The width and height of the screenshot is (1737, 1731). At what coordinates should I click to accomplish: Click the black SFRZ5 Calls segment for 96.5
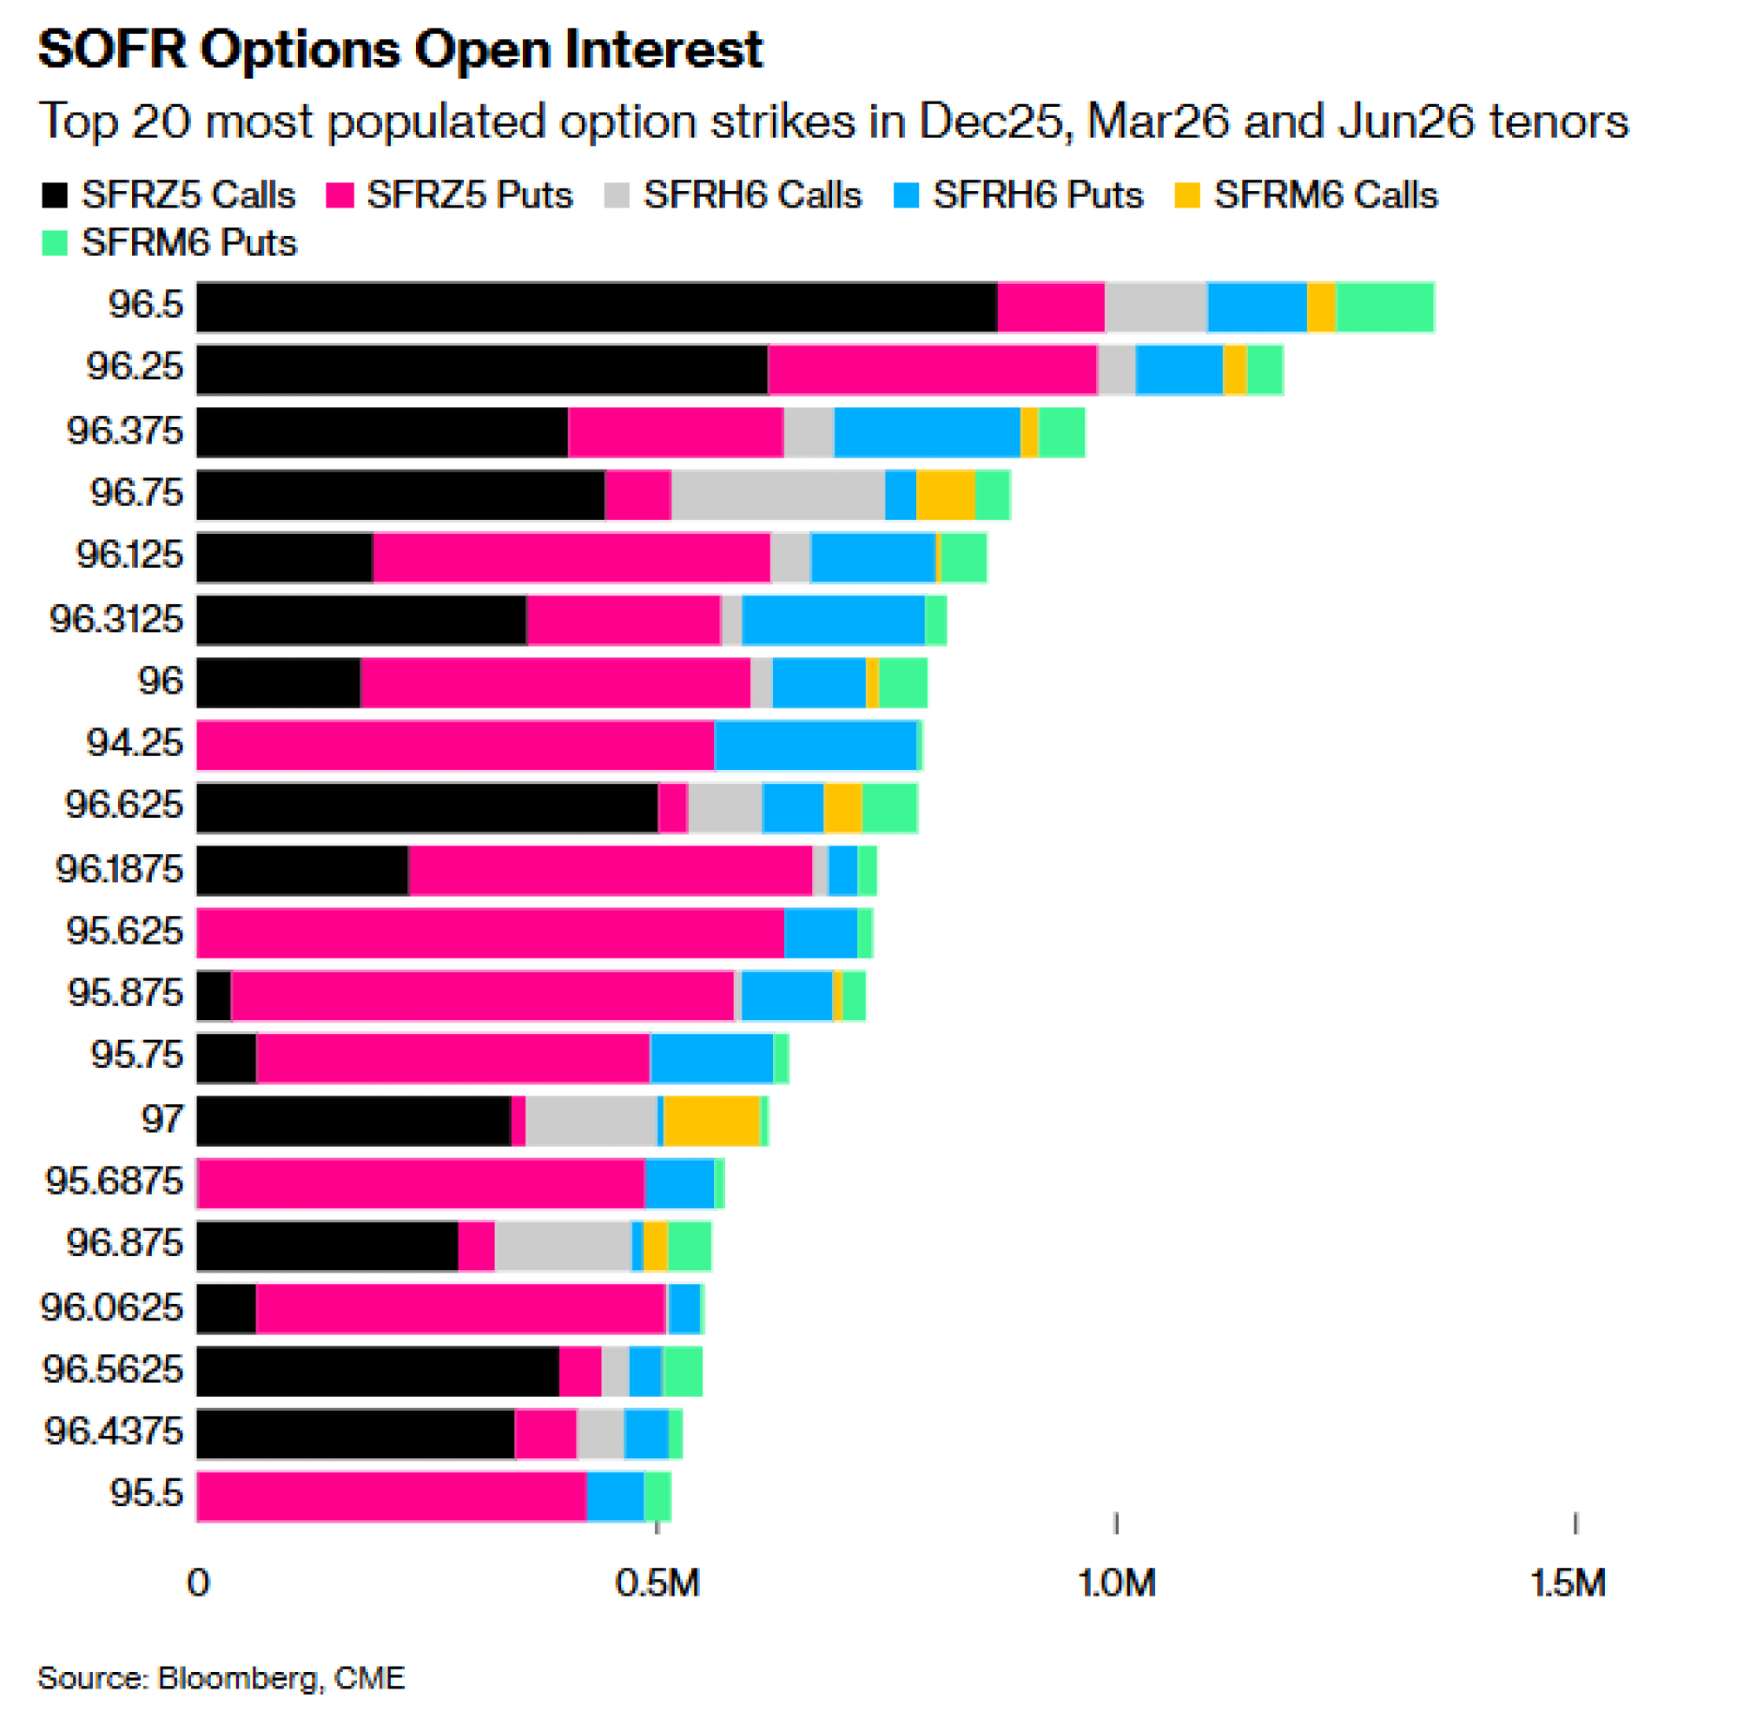pos(596,307)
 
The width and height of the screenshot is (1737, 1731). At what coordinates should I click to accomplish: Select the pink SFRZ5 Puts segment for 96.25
pos(932,370)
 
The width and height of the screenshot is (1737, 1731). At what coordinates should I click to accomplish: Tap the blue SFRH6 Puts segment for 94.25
pos(815,745)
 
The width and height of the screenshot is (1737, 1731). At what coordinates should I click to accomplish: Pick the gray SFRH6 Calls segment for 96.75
pos(777,494)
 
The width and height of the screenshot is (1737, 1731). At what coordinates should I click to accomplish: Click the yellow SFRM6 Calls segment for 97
pos(711,1121)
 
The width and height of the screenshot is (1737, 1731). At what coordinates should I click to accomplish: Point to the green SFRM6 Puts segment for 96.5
pos(1384,307)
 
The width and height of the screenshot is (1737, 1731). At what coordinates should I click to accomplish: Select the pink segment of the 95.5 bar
pos(391,1496)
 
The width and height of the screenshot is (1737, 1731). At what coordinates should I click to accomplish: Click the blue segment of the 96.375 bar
pos(926,432)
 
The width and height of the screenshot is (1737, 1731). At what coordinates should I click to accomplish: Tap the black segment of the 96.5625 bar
pos(378,1371)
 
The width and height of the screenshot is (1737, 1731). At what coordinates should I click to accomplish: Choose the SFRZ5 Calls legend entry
pos(168,195)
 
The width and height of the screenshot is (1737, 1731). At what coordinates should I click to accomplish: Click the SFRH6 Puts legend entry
pos(1018,195)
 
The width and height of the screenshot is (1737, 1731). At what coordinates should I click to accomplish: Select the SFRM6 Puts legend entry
pos(168,243)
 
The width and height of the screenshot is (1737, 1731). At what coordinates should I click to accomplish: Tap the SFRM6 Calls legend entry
pos(1305,195)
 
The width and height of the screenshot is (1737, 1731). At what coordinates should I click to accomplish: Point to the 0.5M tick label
pos(657,1583)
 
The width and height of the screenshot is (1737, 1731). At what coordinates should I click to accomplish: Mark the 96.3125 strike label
pos(116,619)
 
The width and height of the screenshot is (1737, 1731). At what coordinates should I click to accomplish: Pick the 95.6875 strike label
pos(114,1181)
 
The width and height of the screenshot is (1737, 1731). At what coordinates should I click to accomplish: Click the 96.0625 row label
pos(112,1307)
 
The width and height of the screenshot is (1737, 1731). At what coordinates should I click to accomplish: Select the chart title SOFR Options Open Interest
pos(400,49)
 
